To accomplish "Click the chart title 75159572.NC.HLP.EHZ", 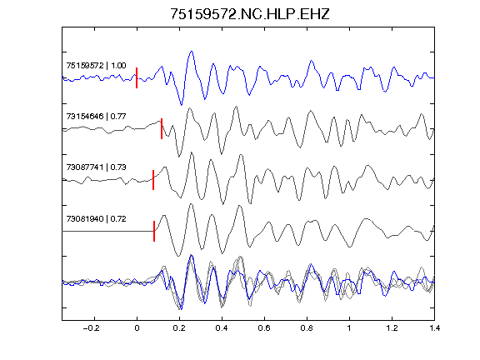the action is pyautogui.click(x=249, y=14).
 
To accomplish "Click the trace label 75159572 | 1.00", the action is pyautogui.click(x=96, y=66).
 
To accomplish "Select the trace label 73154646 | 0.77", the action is pyautogui.click(x=96, y=117).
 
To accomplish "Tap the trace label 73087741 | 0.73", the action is pyautogui.click(x=96, y=167).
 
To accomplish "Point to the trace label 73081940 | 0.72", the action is pyautogui.click(x=96, y=219).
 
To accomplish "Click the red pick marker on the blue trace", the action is pyautogui.click(x=137, y=77).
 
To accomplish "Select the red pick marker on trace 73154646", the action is pyautogui.click(x=162, y=128).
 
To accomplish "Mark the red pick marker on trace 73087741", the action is pyautogui.click(x=153, y=180).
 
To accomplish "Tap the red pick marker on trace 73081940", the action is pyautogui.click(x=154, y=231).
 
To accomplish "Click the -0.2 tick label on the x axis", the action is pyautogui.click(x=92, y=328).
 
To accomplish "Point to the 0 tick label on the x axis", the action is pyautogui.click(x=137, y=328).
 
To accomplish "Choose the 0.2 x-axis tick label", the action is pyautogui.click(x=179, y=328).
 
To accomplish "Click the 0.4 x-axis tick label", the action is pyautogui.click(x=222, y=328).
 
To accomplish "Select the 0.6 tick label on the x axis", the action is pyautogui.click(x=264, y=328).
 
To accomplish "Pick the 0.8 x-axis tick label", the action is pyautogui.click(x=307, y=328).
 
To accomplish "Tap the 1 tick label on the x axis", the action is pyautogui.click(x=349, y=328).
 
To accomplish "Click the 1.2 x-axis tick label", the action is pyautogui.click(x=392, y=328).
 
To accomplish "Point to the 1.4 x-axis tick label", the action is pyautogui.click(x=434, y=328).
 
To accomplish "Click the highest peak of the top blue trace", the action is pyautogui.click(x=192, y=52).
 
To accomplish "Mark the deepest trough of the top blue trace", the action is pyautogui.click(x=181, y=105).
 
